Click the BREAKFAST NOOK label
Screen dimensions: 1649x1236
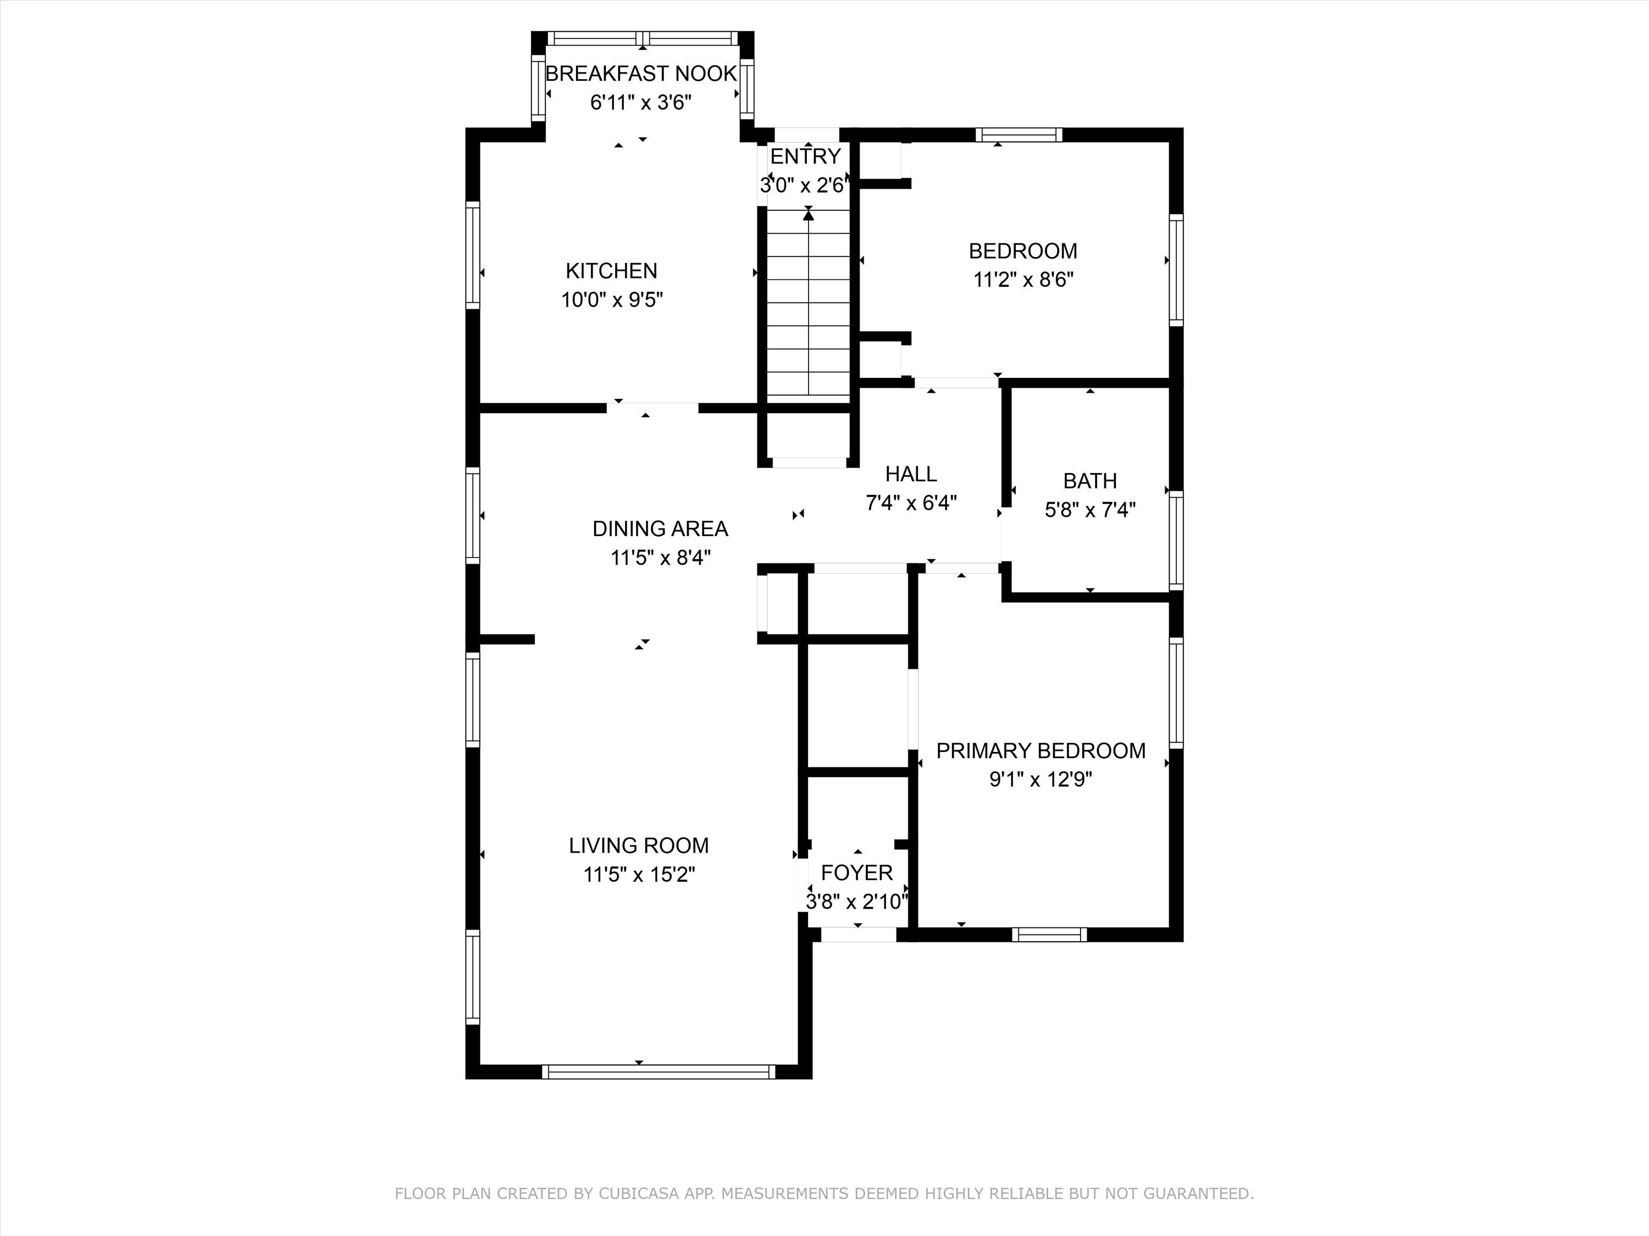pyautogui.click(x=641, y=74)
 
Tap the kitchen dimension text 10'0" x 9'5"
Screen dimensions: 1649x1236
pyautogui.click(x=612, y=299)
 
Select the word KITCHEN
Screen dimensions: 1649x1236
pyautogui.click(x=611, y=270)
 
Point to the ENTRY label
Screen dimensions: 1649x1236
pyautogui.click(x=805, y=157)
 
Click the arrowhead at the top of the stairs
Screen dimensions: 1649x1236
pyautogui.click(x=809, y=215)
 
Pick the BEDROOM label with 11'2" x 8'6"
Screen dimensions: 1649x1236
pyautogui.click(x=1023, y=251)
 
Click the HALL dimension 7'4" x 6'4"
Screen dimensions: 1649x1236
pyautogui.click(x=911, y=503)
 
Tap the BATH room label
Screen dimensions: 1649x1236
pyautogui.click(x=1090, y=481)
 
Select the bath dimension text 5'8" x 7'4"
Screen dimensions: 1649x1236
pyautogui.click(x=1090, y=510)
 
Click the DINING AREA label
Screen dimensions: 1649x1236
pyautogui.click(x=660, y=529)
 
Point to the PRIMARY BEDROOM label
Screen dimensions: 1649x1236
pyautogui.click(x=1041, y=751)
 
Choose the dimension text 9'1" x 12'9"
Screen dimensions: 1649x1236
pyautogui.click(x=1041, y=780)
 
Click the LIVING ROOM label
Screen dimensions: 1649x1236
pyautogui.click(x=639, y=845)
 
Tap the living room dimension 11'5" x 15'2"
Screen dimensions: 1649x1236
pyautogui.click(x=639, y=874)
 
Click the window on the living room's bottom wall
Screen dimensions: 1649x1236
pyautogui.click(x=659, y=1071)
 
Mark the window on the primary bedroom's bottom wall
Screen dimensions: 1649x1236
pyautogui.click(x=1050, y=934)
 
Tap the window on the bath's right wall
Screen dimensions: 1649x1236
pyautogui.click(x=1176, y=540)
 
